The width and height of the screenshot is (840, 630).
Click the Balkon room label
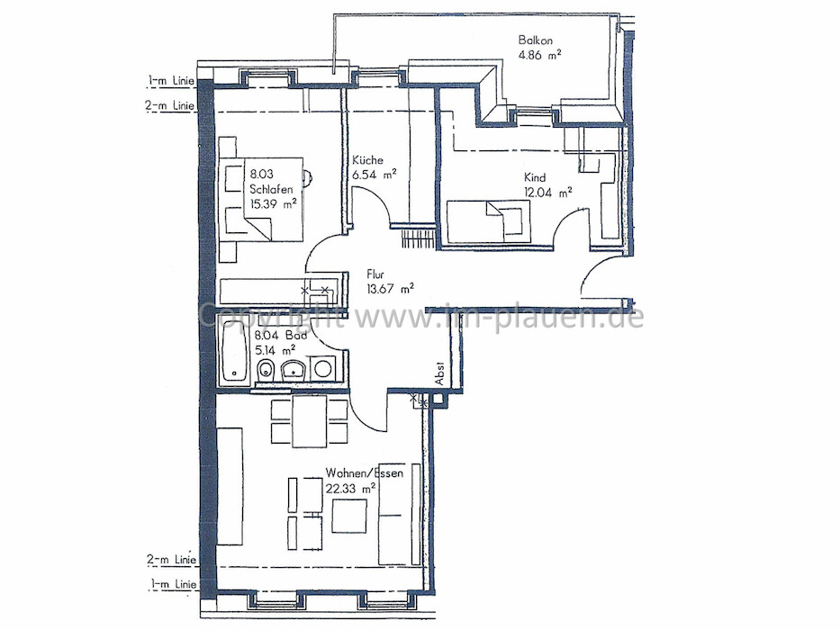[535, 40]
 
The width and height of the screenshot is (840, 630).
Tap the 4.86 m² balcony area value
[539, 54]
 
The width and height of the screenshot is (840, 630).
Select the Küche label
[367, 159]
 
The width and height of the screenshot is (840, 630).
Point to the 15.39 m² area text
[273, 203]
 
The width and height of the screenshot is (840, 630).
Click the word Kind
[535, 178]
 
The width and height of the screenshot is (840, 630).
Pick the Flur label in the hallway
[375, 274]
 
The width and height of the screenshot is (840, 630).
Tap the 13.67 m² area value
[390, 289]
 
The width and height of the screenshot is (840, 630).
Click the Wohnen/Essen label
[365, 473]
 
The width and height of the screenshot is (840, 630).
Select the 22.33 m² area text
[350, 489]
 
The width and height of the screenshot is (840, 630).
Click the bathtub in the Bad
[234, 350]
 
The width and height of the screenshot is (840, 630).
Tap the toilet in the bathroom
[266, 370]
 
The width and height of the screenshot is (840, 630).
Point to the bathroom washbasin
[293, 369]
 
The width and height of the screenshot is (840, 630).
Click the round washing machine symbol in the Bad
[323, 369]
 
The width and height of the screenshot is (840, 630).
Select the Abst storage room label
[440, 373]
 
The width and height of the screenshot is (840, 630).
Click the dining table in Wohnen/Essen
[309, 421]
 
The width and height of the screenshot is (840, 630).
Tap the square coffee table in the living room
[349, 516]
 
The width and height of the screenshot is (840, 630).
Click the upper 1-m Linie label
[171, 80]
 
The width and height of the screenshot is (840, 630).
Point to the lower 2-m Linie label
[171, 560]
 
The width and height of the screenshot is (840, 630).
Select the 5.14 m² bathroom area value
[275, 351]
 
